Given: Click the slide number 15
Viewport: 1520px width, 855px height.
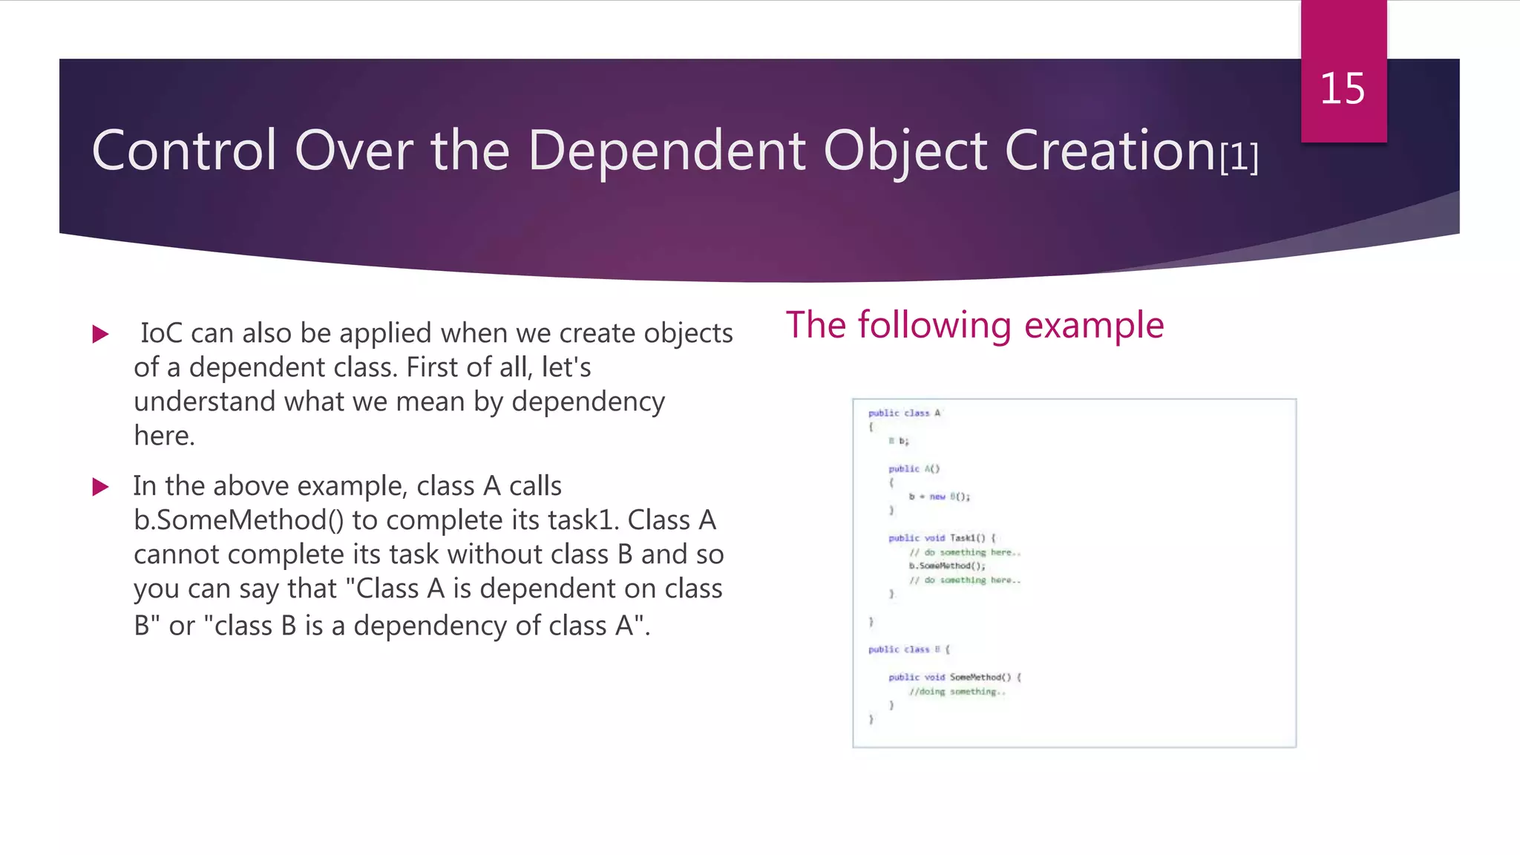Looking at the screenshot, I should click(1342, 89).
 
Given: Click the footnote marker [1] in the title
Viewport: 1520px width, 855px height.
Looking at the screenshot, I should click(1239, 157).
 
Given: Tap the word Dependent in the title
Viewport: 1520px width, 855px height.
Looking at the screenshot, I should click(666, 151).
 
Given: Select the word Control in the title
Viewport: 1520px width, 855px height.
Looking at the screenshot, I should click(184, 151).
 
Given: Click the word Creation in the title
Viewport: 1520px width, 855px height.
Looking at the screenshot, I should click(1109, 151).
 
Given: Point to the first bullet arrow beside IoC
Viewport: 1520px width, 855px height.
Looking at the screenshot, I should click(100, 334).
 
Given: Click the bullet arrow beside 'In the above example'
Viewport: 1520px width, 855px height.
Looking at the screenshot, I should click(100, 487).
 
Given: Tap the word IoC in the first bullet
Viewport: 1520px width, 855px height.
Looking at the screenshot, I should click(161, 333).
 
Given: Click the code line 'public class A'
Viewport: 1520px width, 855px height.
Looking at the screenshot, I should click(904, 413).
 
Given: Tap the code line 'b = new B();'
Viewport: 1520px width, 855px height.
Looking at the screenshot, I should click(939, 497).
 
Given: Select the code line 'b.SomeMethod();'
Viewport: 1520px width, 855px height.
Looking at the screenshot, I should click(947, 566).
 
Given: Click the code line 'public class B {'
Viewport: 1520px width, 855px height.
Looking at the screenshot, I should click(908, 649).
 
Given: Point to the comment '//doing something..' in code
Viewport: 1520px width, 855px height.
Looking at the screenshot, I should click(957, 692).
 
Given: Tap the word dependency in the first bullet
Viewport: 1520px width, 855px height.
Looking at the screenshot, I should click(588, 402).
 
